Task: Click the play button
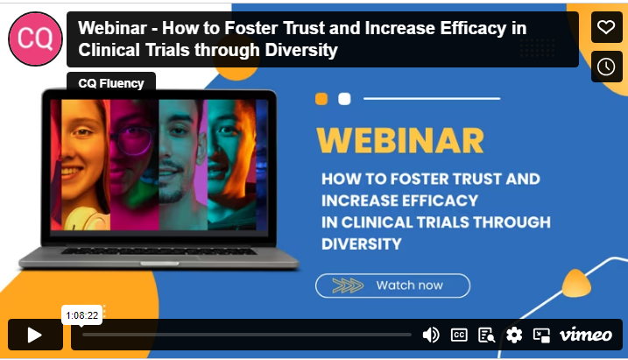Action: [35, 335]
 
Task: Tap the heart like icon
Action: [606, 27]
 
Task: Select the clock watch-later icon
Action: [606, 67]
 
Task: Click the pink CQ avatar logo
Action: [35, 39]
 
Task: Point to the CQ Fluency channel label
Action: [111, 83]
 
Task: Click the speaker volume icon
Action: [431, 335]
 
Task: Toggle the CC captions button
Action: [459, 335]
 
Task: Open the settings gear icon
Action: [514, 335]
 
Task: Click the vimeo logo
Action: [586, 335]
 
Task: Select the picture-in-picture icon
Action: [541, 335]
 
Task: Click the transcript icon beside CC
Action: [487, 335]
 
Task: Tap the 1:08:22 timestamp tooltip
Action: [81, 315]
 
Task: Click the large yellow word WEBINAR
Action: [400, 141]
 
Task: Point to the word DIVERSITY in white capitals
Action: [362, 244]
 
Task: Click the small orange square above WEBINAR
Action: [321, 98]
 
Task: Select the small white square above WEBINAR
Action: [344, 98]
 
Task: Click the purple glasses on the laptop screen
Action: [132, 139]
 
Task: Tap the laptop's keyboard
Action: [159, 251]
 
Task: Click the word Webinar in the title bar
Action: [112, 28]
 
